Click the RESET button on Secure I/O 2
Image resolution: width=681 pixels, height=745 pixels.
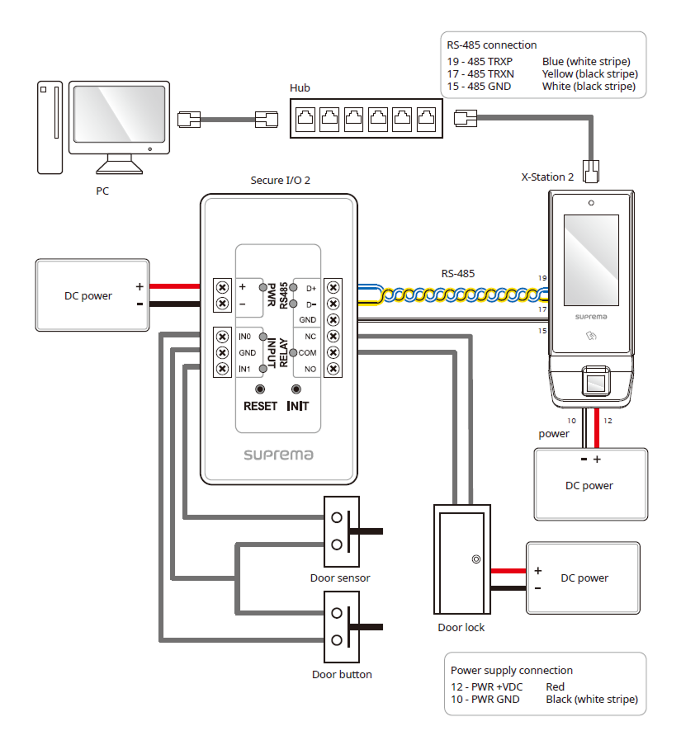click(x=260, y=389)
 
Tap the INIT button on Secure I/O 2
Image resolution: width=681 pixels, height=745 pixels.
click(x=297, y=389)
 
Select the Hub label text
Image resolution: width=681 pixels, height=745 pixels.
click(x=300, y=87)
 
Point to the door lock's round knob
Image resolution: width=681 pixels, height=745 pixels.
click(x=475, y=559)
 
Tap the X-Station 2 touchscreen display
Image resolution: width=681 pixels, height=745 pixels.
click(x=590, y=252)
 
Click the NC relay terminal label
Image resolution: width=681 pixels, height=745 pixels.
click(x=310, y=337)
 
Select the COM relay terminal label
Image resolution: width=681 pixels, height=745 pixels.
click(x=308, y=352)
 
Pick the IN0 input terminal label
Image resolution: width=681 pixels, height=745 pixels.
click(x=244, y=337)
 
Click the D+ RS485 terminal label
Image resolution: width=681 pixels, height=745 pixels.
click(x=311, y=288)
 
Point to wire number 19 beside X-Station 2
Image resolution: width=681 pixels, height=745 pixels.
click(x=541, y=278)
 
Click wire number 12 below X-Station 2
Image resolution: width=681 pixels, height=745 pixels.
click(x=608, y=421)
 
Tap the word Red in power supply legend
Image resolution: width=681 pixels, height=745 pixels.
click(x=556, y=686)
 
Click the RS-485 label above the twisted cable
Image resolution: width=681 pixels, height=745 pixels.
click(x=458, y=273)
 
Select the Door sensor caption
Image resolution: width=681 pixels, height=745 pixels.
click(x=340, y=578)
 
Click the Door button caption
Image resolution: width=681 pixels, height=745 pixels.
click(x=342, y=674)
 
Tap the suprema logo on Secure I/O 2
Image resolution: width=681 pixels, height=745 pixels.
click(x=278, y=454)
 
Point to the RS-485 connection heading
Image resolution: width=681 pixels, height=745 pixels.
click(x=492, y=45)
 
